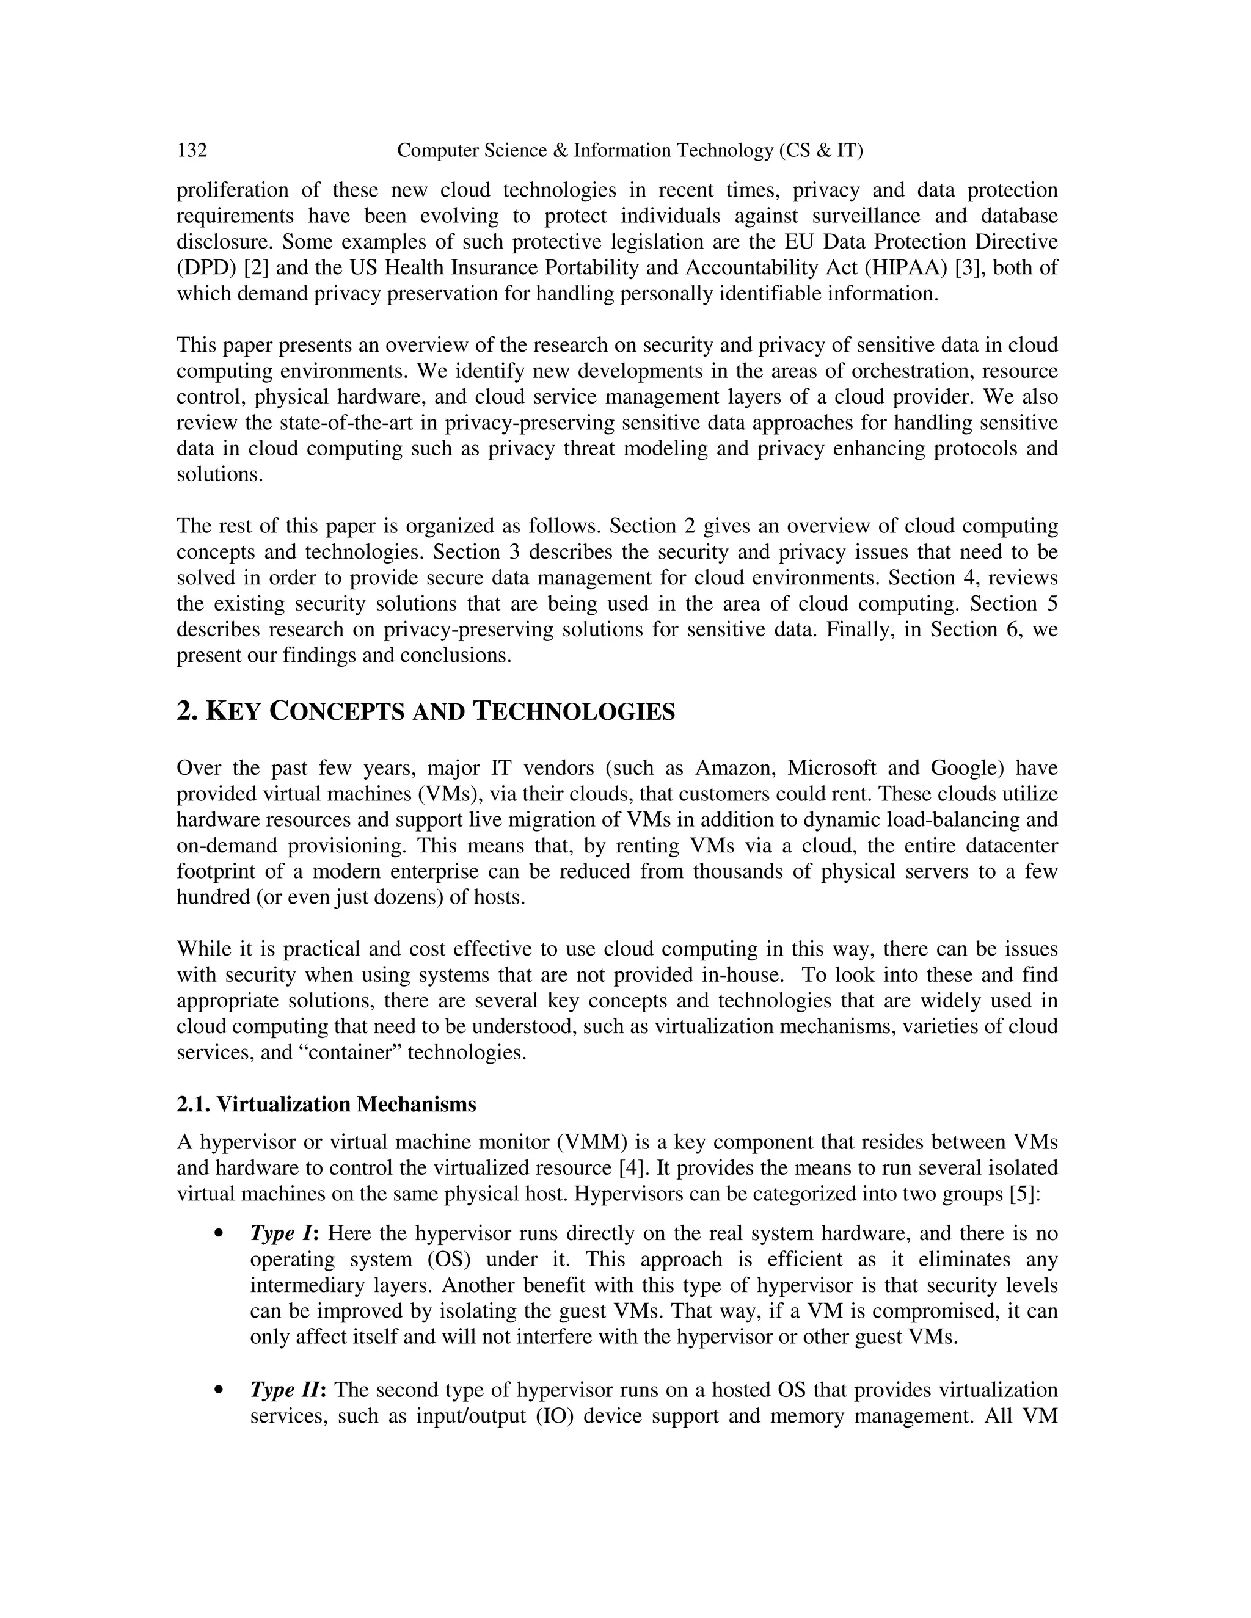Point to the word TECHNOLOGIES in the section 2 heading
pos(574,712)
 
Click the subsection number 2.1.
pos(194,1105)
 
